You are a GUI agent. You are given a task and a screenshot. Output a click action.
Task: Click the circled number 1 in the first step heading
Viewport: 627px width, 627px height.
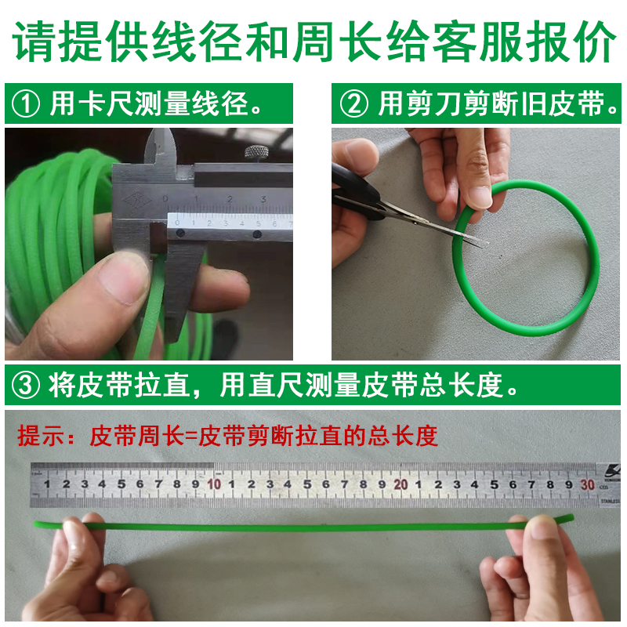coord(26,104)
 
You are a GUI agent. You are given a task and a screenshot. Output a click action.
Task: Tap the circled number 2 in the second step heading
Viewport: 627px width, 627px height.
coord(354,104)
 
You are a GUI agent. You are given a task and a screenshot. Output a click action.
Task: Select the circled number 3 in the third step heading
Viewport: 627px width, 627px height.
coord(26,385)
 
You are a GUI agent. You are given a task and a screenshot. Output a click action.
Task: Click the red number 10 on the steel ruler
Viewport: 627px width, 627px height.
coord(214,484)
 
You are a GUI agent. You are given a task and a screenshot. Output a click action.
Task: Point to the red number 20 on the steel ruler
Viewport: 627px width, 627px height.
coord(400,484)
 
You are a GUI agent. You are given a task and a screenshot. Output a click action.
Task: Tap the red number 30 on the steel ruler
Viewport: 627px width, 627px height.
coord(587,485)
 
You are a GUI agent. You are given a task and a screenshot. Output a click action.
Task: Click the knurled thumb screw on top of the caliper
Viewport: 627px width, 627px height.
coord(256,153)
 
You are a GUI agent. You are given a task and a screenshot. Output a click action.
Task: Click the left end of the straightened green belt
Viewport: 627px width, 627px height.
coord(35,524)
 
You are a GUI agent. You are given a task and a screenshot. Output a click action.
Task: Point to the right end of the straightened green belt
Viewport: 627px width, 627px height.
coord(573,518)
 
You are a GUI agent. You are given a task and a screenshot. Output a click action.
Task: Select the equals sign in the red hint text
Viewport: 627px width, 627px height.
coord(191,437)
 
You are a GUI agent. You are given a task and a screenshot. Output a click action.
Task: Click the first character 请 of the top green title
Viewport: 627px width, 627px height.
coord(34,42)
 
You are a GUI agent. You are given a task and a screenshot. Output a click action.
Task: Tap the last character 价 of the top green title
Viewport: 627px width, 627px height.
coord(593,42)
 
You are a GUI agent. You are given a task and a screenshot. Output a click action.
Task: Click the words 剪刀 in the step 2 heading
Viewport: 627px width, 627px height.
coord(435,104)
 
